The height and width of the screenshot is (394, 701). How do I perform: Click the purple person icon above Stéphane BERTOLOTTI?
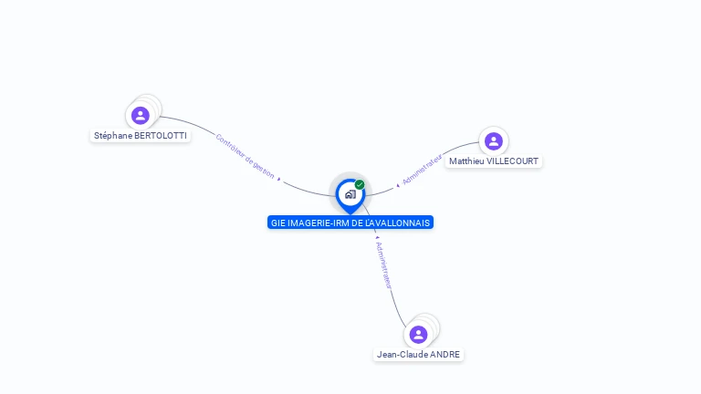(x=140, y=115)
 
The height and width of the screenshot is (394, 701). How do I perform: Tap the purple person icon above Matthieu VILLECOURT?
(x=494, y=140)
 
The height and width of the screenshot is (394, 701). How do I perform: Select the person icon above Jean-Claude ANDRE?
(x=419, y=334)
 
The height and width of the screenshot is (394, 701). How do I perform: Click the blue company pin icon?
(x=350, y=194)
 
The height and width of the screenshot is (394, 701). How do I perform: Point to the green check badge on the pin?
(x=360, y=185)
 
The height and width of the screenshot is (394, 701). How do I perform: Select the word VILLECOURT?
(x=511, y=161)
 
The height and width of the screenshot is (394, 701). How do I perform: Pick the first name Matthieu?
(x=466, y=161)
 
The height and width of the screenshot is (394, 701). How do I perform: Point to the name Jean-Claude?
(x=403, y=355)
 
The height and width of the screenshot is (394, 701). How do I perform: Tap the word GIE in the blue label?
(x=278, y=223)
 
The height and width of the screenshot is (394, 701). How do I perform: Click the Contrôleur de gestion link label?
(x=245, y=153)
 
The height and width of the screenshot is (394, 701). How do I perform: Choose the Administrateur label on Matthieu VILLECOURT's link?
(x=422, y=170)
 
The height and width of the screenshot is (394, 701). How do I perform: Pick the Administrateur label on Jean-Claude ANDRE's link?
(x=385, y=265)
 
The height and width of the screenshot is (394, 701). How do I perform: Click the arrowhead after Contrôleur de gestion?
(x=278, y=178)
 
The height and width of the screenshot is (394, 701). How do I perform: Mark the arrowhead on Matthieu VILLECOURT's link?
(x=398, y=185)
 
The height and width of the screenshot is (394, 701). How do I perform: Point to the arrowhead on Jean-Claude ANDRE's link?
(x=378, y=237)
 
